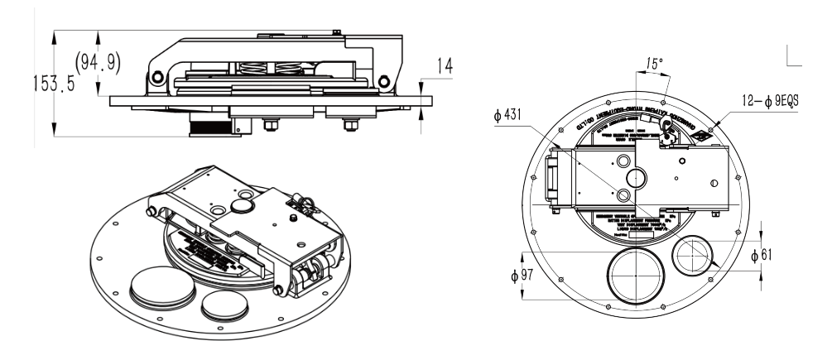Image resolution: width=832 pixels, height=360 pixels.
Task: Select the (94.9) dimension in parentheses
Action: tap(97, 64)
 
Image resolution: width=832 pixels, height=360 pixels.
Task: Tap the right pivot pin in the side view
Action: tap(382, 81)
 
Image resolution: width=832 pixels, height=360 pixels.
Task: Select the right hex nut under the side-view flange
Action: tap(349, 126)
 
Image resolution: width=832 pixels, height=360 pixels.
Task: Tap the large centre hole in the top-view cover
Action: tap(637, 177)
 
